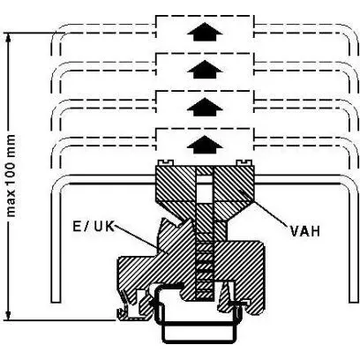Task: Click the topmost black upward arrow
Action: pyautogui.click(x=205, y=32)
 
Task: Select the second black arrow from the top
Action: pyautogui.click(x=205, y=70)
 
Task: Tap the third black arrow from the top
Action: pyautogui.click(x=205, y=107)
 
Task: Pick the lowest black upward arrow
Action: pyautogui.click(x=205, y=145)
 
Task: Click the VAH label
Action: pyautogui.click(x=305, y=231)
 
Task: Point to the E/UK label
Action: pyautogui.click(x=94, y=226)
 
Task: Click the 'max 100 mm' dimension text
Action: pyautogui.click(x=11, y=176)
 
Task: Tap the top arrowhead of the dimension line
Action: pyautogui.click(x=9, y=38)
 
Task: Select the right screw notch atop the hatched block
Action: pyautogui.click(x=244, y=162)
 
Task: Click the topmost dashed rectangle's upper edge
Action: pyautogui.click(x=205, y=15)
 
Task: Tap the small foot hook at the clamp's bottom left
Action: pyautogui.click(x=122, y=314)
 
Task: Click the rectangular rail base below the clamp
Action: pyautogui.click(x=199, y=333)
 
